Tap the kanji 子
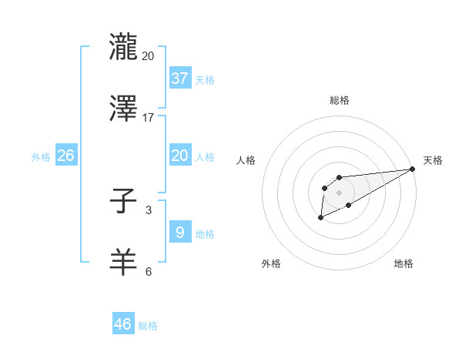[x=123, y=202]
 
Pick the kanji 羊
[x=123, y=262]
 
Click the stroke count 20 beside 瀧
[x=149, y=56]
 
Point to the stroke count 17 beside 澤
[x=149, y=118]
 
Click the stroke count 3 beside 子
[x=149, y=209]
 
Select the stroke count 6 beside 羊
[x=149, y=271]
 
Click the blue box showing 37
[x=179, y=78]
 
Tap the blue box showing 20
[x=179, y=156]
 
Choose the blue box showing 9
[x=179, y=232]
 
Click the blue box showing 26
[x=65, y=156]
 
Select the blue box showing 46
[x=122, y=324]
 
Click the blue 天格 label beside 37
[x=205, y=80]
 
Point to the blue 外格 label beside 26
[x=41, y=157]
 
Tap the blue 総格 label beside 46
[x=148, y=326]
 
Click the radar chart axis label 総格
[x=339, y=100]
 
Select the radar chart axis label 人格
[x=247, y=160]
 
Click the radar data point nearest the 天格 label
[x=413, y=169]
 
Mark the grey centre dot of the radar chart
[x=339, y=192]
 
